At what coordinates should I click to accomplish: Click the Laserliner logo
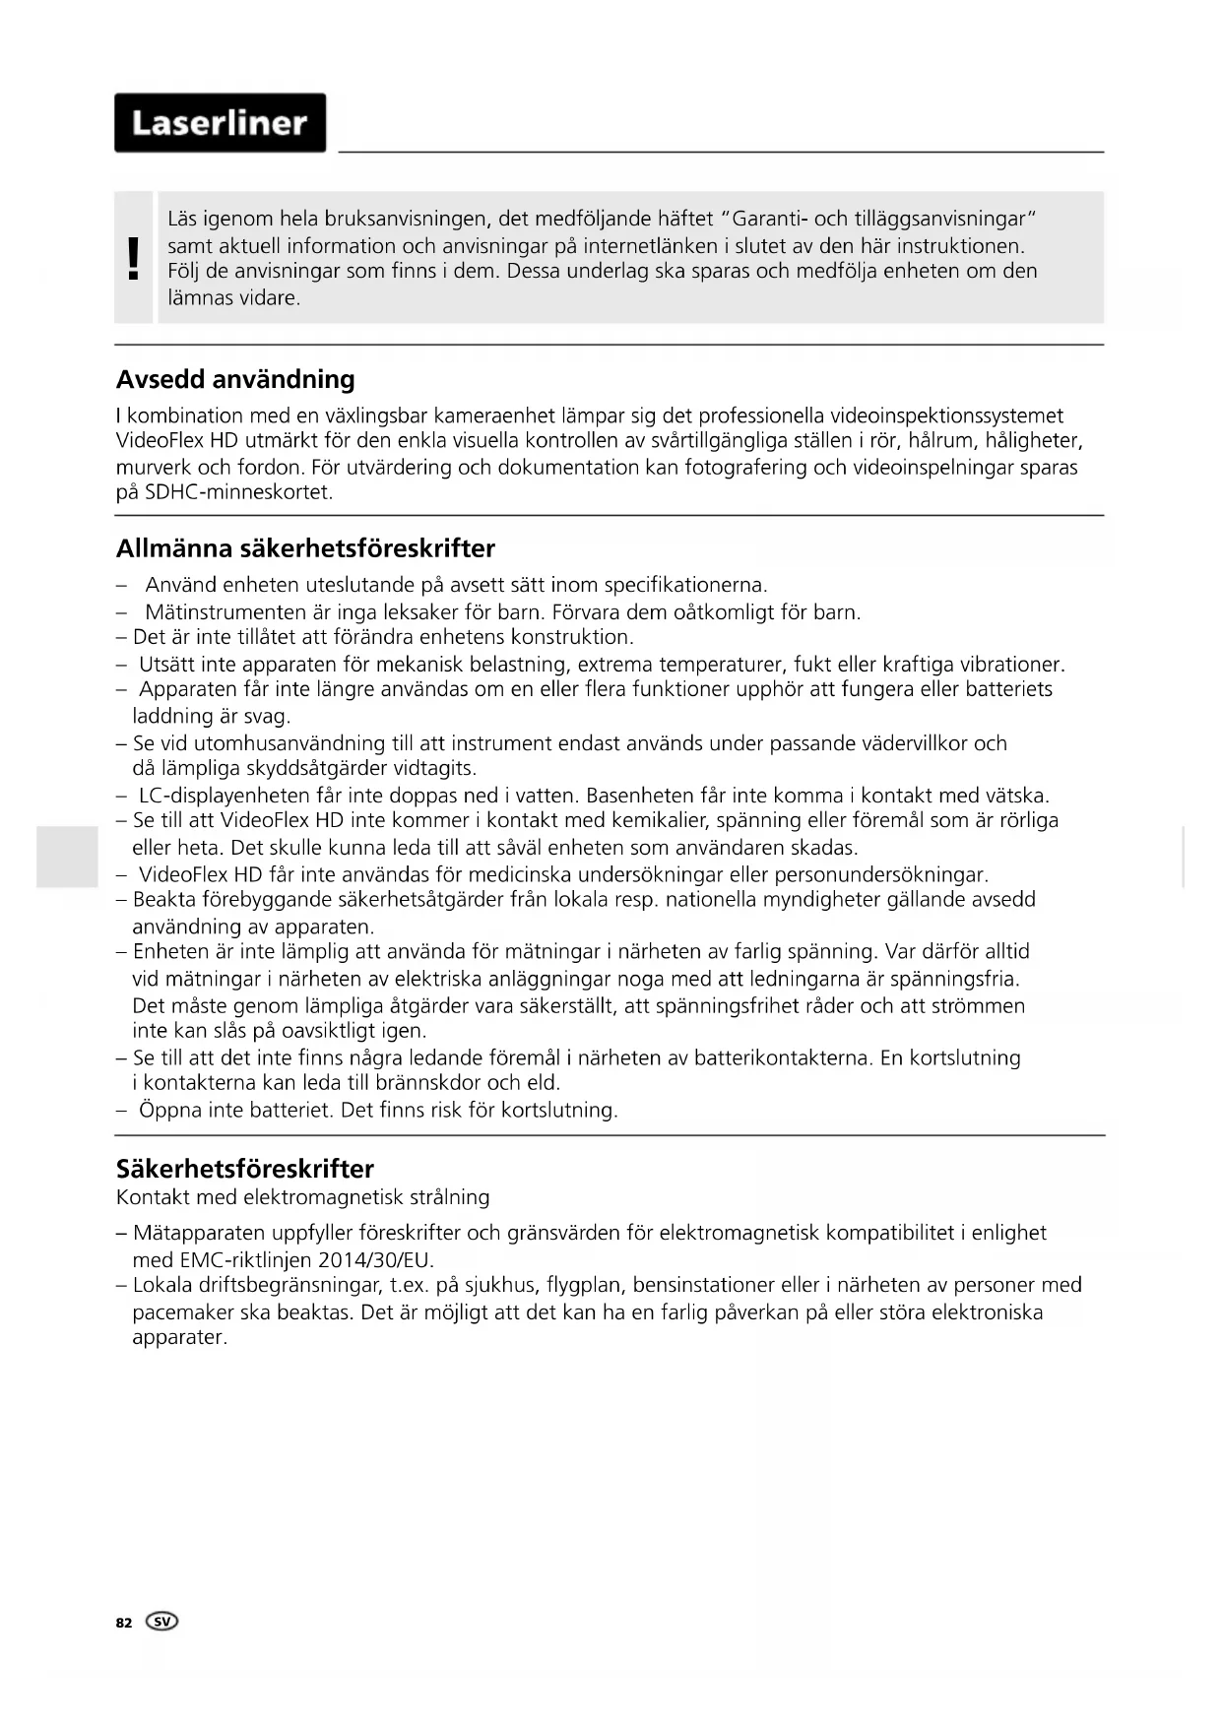pyautogui.click(x=220, y=123)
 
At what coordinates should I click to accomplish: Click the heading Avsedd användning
pyautogui.click(x=235, y=379)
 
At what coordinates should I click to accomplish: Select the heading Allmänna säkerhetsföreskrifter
pyautogui.click(x=305, y=548)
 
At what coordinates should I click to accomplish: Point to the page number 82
pyautogui.click(x=124, y=1623)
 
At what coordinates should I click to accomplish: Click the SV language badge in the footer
pyautogui.click(x=162, y=1622)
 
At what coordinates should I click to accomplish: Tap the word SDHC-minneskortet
pyautogui.click(x=238, y=492)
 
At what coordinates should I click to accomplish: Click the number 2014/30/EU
pyautogui.click(x=375, y=1260)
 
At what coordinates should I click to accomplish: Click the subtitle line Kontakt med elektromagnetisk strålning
pyautogui.click(x=302, y=1197)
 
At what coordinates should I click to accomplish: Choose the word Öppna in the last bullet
pyautogui.click(x=170, y=1111)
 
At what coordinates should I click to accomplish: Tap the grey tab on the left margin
pyautogui.click(x=67, y=857)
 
